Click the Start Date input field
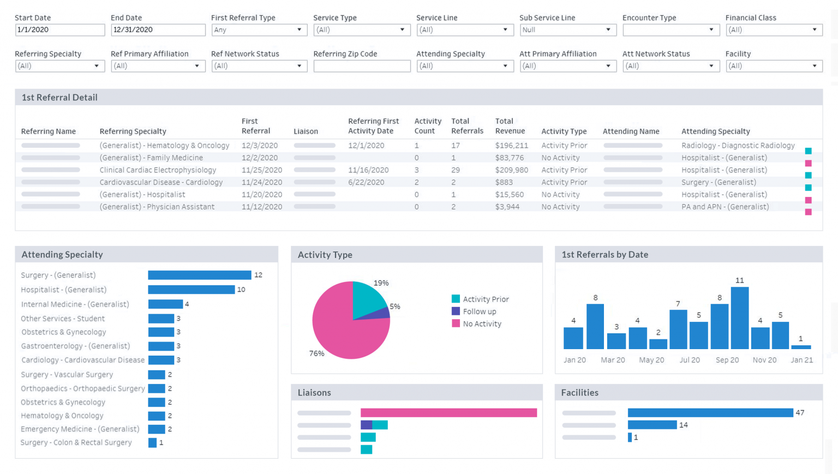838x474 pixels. click(x=59, y=30)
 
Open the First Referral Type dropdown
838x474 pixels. click(x=259, y=30)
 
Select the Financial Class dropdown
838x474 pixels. click(x=773, y=30)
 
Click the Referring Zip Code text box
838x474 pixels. click(x=362, y=66)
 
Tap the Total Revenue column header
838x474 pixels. click(x=510, y=126)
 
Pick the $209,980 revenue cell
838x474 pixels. click(x=511, y=170)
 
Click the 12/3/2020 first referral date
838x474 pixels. click(x=260, y=146)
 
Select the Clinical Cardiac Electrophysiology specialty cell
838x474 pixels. click(x=158, y=170)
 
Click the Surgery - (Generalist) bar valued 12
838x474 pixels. click(x=199, y=275)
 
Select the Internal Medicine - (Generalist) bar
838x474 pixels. click(x=165, y=304)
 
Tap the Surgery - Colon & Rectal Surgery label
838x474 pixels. click(x=76, y=442)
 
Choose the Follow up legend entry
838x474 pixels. click(x=479, y=311)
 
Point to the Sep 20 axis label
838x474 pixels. click(x=727, y=360)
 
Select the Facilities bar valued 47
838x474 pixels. click(x=710, y=413)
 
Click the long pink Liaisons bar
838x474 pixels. click(x=448, y=413)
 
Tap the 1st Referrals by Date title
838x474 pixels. click(x=604, y=255)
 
